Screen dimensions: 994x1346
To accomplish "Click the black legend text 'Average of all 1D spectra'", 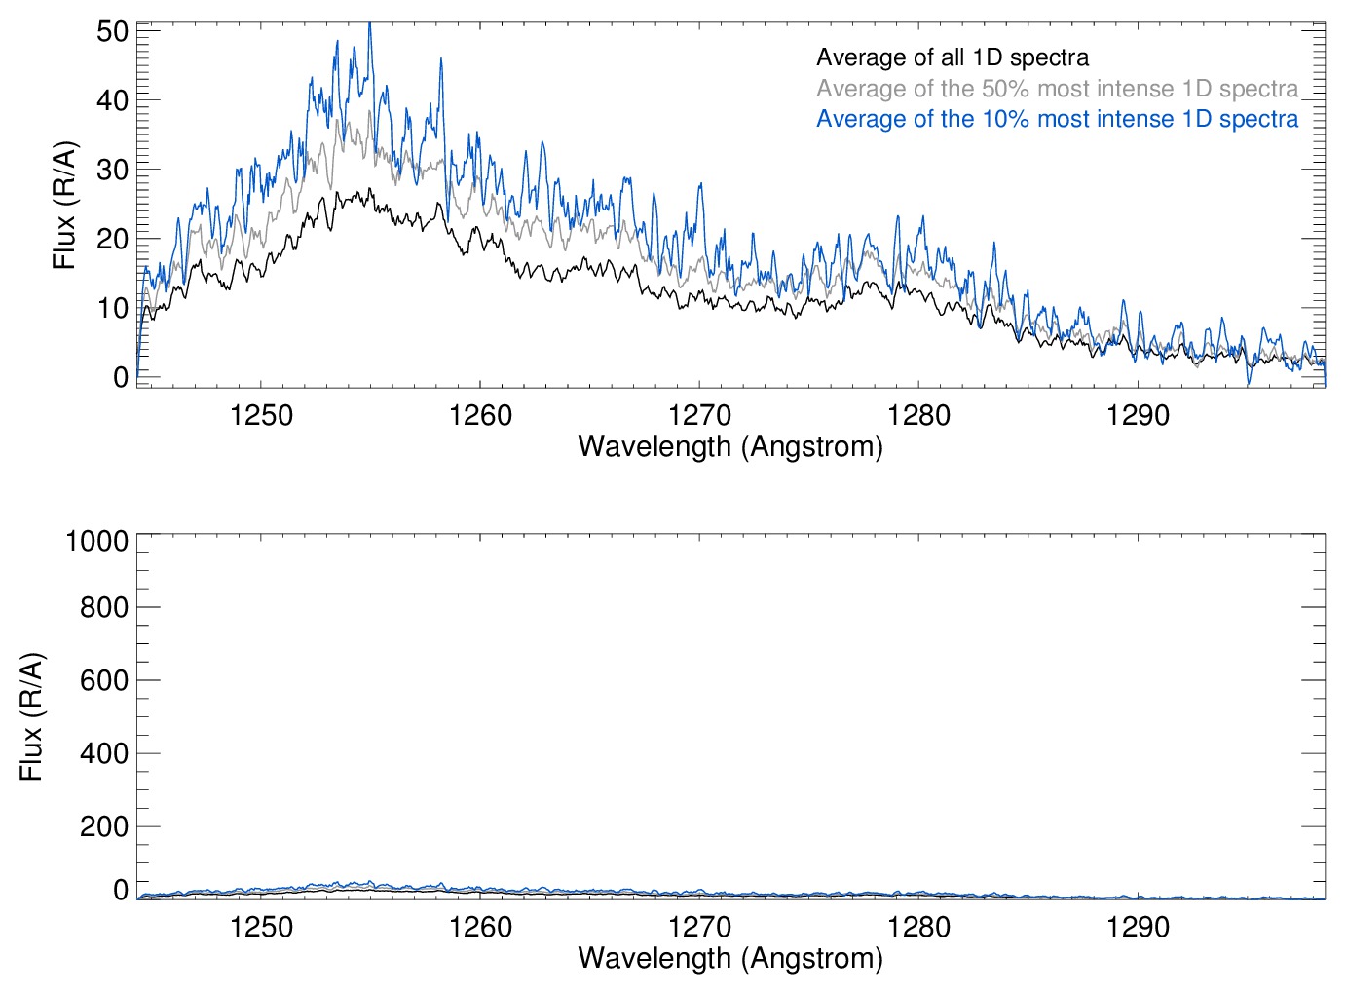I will tap(952, 57).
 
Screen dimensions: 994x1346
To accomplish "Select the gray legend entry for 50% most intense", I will tap(1057, 89).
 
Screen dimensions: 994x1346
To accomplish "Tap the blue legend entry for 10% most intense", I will tap(1057, 119).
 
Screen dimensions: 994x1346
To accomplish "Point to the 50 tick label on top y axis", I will tap(112, 31).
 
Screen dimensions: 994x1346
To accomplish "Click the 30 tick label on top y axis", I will tap(112, 170).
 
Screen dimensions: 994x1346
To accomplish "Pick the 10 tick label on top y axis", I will tap(112, 308).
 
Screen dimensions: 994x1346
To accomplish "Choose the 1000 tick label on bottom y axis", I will tap(96, 540).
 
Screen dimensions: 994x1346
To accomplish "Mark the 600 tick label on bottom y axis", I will tap(104, 680).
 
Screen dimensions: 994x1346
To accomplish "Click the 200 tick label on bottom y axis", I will tap(104, 826).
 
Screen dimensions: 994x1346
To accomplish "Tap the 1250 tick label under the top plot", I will tap(261, 416).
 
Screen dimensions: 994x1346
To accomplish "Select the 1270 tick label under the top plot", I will tap(699, 416).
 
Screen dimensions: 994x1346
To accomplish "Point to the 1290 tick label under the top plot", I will tap(1138, 416).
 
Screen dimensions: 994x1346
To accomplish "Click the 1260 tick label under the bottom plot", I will tap(480, 927).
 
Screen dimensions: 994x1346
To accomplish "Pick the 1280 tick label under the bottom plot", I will tap(918, 927).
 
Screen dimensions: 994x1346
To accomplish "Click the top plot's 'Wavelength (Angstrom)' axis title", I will tap(730, 446).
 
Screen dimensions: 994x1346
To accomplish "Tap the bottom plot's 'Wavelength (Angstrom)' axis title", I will tap(730, 958).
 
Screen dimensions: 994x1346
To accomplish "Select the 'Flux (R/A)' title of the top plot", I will tap(64, 206).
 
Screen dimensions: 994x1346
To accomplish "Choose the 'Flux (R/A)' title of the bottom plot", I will tap(31, 716).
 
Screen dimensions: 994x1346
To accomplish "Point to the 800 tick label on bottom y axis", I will tap(104, 607).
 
